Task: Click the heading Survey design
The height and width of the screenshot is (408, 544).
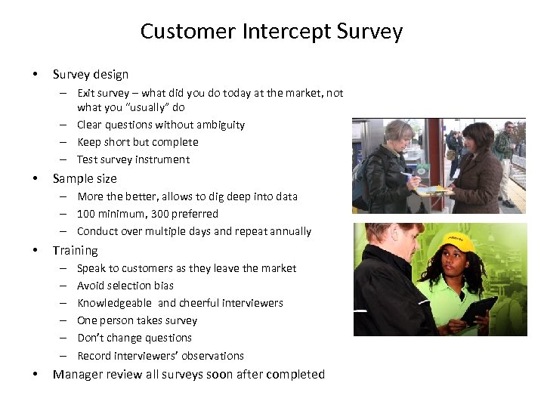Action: coord(91,74)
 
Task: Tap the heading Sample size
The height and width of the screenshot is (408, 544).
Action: coord(85,178)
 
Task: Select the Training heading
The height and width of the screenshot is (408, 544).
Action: coord(75,250)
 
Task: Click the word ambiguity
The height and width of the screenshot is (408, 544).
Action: coord(219,125)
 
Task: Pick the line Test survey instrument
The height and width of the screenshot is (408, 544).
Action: coord(133,159)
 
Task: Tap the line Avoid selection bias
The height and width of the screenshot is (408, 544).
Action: coord(125,286)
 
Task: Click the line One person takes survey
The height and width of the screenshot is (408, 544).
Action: coord(137,320)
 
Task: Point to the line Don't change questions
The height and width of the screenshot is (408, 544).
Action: coord(134,338)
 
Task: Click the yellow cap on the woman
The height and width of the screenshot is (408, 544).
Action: coord(458,241)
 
